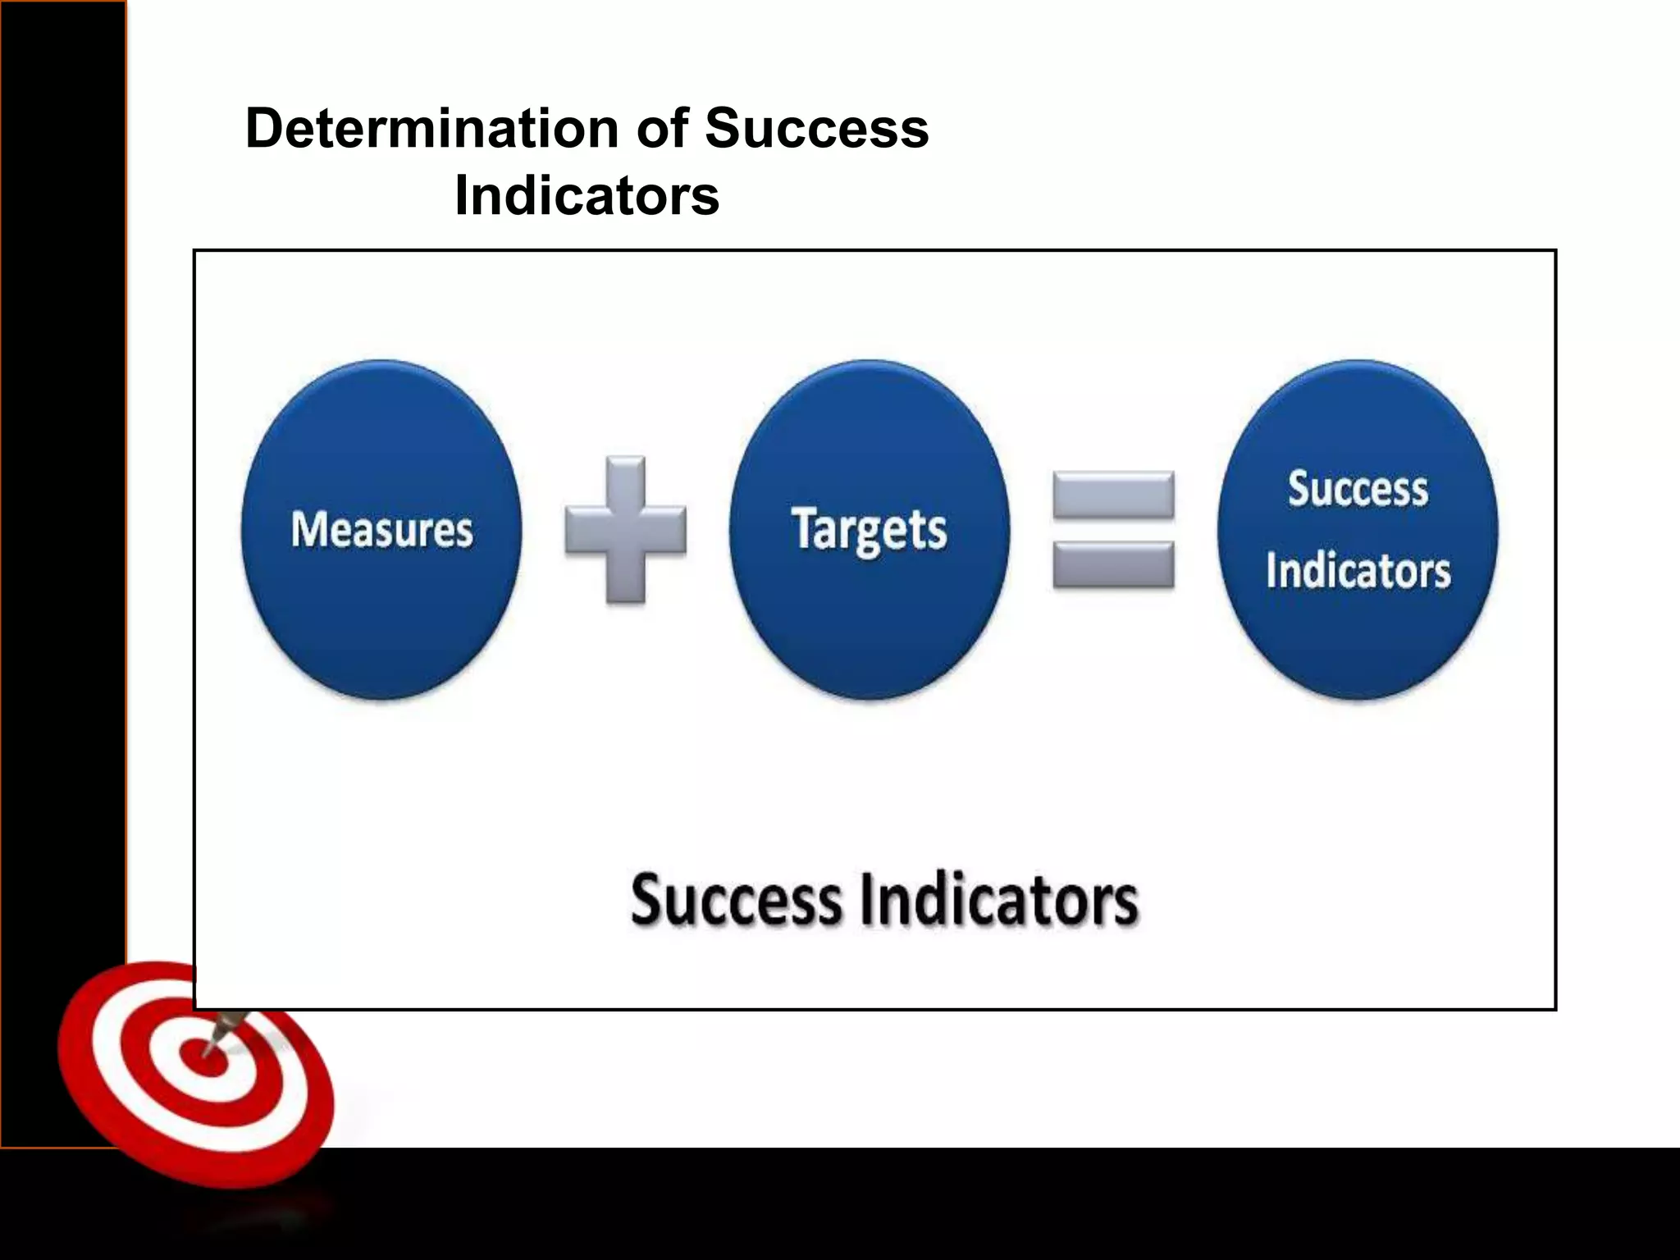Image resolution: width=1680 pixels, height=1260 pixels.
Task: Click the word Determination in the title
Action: tap(431, 129)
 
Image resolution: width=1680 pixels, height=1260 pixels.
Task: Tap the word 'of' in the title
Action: tap(661, 129)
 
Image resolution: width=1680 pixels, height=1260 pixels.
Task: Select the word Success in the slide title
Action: tap(816, 129)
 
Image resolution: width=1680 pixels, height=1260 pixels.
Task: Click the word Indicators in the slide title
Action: tap(587, 196)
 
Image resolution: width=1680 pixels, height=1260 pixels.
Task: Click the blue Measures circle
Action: tap(381, 623)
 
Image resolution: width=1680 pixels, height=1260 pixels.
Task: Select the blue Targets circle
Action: tap(870, 623)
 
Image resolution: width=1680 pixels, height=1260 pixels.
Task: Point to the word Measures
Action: tap(382, 529)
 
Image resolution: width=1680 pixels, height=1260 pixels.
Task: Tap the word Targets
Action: tap(870, 529)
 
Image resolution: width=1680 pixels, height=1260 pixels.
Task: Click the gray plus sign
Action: tap(626, 529)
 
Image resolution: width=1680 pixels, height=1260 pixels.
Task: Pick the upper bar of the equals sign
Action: tap(1113, 493)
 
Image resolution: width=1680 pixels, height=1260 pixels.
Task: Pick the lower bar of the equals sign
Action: tap(1113, 565)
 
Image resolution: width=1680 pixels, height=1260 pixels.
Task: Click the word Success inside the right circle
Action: tap(1358, 489)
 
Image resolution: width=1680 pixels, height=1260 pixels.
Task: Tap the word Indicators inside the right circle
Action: tap(1358, 570)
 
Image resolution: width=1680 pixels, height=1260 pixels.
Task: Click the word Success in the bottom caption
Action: tap(736, 900)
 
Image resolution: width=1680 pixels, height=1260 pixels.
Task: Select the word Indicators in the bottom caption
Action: tap(999, 900)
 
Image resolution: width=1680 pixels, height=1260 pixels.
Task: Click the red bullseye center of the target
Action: tap(202, 1058)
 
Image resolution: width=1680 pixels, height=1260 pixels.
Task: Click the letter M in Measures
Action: tap(308, 528)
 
